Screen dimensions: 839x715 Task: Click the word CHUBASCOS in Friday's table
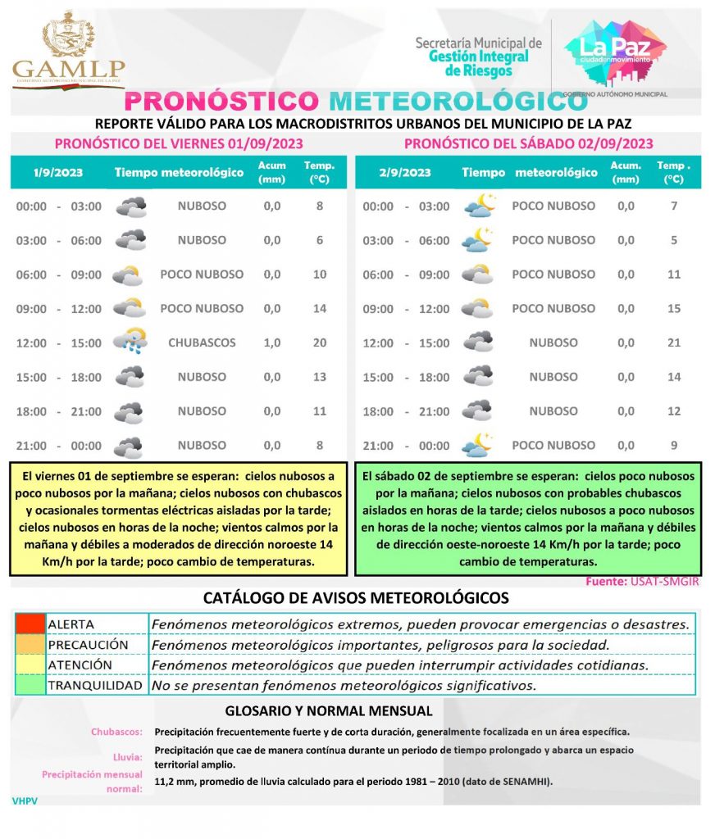(202, 342)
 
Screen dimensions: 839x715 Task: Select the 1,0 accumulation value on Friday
(272, 342)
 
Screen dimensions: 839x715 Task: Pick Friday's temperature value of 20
(320, 342)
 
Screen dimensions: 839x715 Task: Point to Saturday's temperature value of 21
(674, 342)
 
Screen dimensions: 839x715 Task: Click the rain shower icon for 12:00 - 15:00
(130, 340)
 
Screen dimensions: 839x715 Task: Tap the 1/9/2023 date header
(49, 173)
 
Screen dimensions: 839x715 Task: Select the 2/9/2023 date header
(405, 173)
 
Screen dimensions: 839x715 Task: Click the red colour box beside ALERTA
(30, 624)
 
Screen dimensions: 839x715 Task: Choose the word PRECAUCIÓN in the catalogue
(88, 645)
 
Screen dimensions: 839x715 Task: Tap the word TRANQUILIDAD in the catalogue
(95, 685)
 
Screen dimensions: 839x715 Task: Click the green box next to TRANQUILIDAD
(30, 685)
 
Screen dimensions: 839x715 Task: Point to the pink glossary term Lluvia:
(128, 756)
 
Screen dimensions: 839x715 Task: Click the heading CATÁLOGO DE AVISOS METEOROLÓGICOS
(356, 598)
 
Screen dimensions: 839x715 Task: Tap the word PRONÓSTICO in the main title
(221, 102)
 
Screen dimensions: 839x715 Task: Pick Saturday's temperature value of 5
(674, 240)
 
